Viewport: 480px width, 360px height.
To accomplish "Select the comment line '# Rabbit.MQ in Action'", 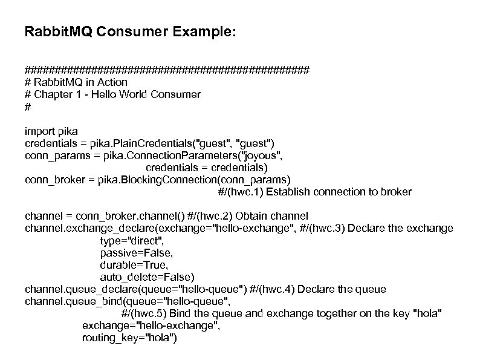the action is (76, 82).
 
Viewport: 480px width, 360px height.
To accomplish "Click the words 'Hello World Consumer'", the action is (154, 94).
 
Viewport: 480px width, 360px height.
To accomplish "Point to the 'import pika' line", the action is (51, 131).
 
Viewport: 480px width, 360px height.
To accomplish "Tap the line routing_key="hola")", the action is (129, 338).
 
